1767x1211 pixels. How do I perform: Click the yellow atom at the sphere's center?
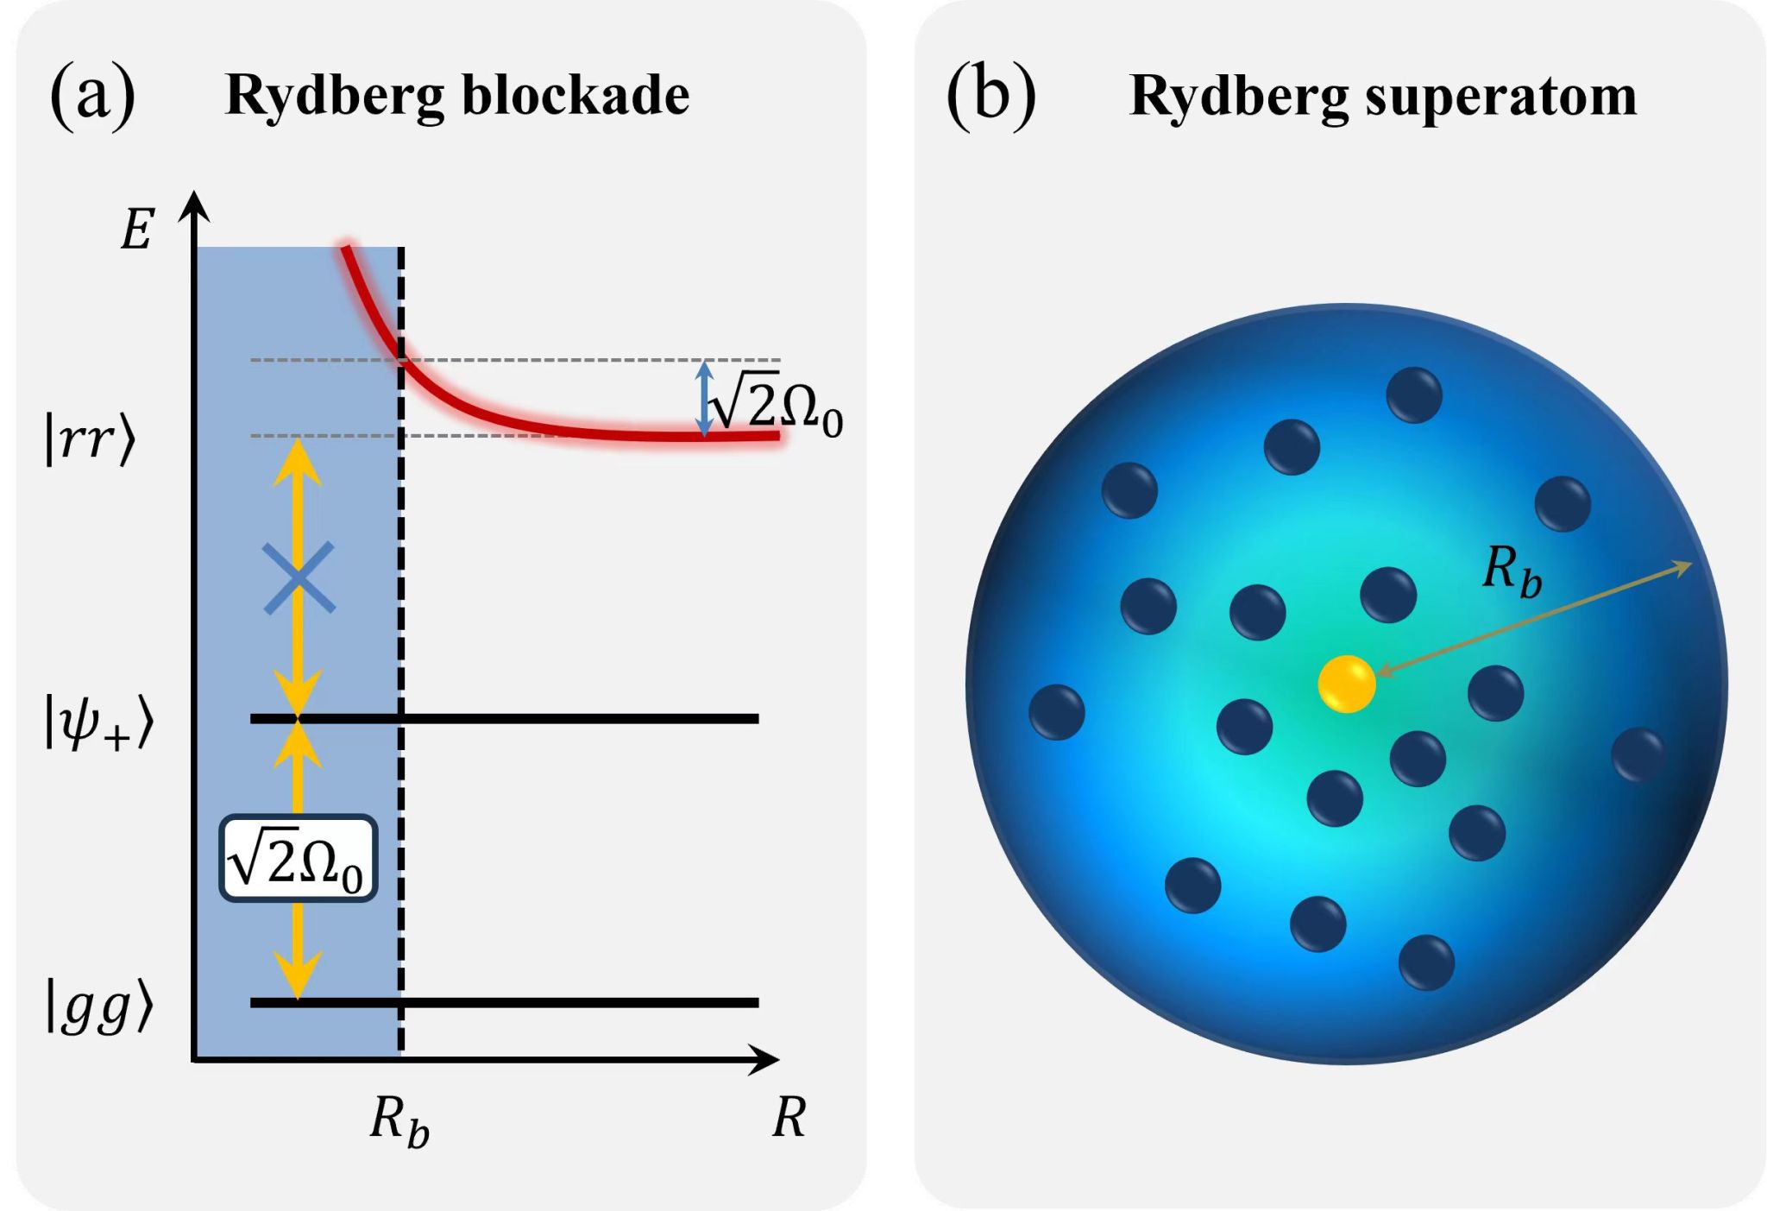click(1346, 684)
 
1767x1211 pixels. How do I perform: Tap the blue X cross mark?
click(299, 578)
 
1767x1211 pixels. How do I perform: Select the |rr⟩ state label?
click(91, 439)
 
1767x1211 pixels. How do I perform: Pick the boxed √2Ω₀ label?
click(298, 860)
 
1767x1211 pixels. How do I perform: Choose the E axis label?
click(137, 230)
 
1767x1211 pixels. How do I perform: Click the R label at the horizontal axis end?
click(789, 1118)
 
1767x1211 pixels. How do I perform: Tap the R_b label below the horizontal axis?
click(399, 1121)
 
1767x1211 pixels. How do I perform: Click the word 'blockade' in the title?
click(575, 95)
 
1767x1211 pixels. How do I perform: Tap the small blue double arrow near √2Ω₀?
click(704, 398)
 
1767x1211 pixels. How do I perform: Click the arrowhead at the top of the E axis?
click(195, 205)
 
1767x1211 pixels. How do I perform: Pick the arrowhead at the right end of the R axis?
click(764, 1059)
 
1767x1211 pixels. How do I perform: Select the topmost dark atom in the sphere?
click(1413, 395)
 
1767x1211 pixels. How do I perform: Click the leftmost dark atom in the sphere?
click(1056, 712)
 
